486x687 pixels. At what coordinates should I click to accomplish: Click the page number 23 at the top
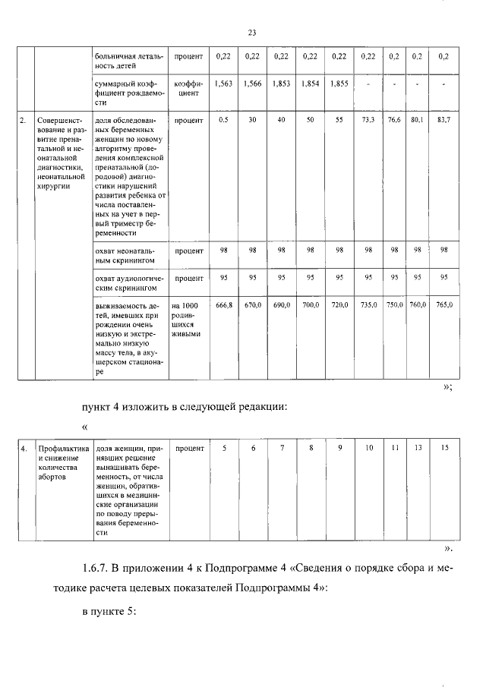point(252,32)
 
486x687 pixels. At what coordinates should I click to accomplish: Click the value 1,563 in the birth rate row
point(224,83)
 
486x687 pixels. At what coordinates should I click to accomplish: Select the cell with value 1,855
point(339,83)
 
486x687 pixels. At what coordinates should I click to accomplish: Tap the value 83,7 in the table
point(444,121)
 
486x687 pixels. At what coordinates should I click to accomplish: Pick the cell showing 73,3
point(368,121)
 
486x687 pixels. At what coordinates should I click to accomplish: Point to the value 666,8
point(224,304)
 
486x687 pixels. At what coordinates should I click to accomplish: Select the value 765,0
point(444,304)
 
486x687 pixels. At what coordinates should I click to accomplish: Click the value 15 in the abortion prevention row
point(444,449)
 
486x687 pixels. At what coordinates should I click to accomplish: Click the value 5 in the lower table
point(224,449)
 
